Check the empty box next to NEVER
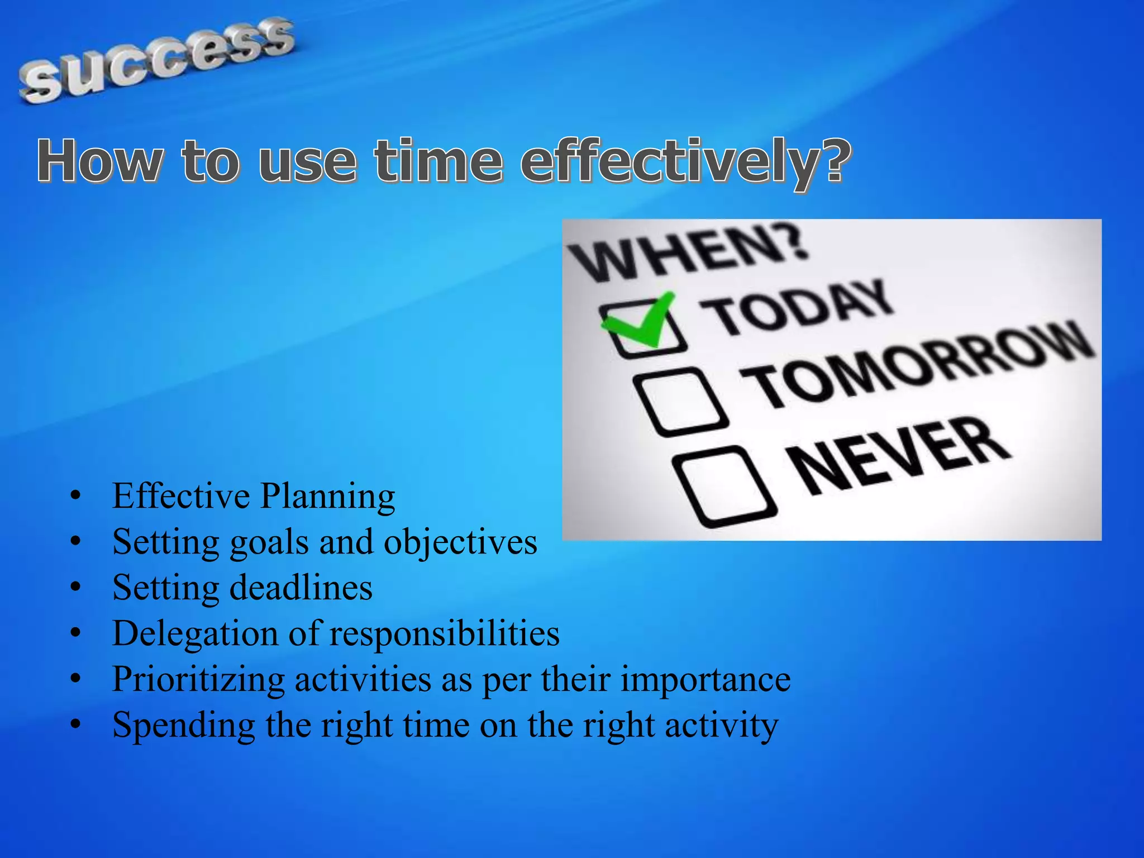tap(723, 486)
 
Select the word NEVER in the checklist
tap(899, 455)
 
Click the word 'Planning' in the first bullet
tap(328, 497)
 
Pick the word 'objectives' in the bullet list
tap(460, 542)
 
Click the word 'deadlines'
tap(301, 588)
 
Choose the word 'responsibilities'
tap(444, 633)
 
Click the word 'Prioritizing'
tap(199, 680)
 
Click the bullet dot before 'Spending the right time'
tap(76, 724)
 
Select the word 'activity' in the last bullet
tap(721, 726)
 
